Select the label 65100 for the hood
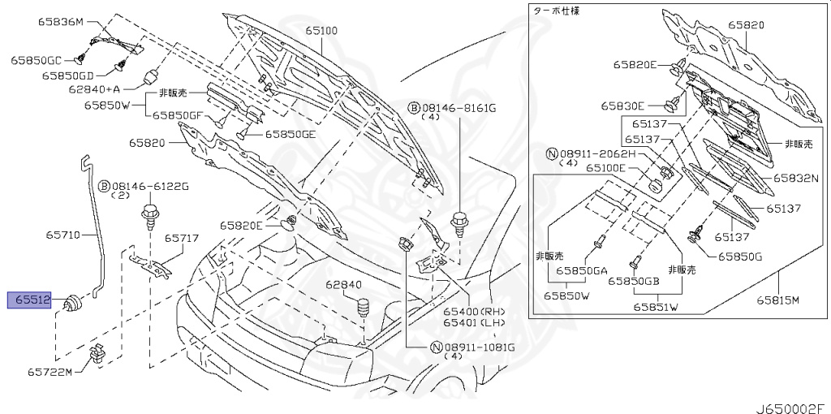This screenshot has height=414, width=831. coord(321,31)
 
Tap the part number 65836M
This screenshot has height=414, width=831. coord(60,21)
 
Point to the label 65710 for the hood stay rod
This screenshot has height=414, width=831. coord(62,235)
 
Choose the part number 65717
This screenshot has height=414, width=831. coord(182,239)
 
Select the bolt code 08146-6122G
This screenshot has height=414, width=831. coord(149,186)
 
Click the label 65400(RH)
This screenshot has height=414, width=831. coord(473,311)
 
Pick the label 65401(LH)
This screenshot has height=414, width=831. coord(473,322)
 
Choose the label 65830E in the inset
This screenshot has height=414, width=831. coord(622,106)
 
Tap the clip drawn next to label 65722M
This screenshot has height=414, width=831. coord(97,354)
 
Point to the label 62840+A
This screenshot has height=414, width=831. coord(94,89)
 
